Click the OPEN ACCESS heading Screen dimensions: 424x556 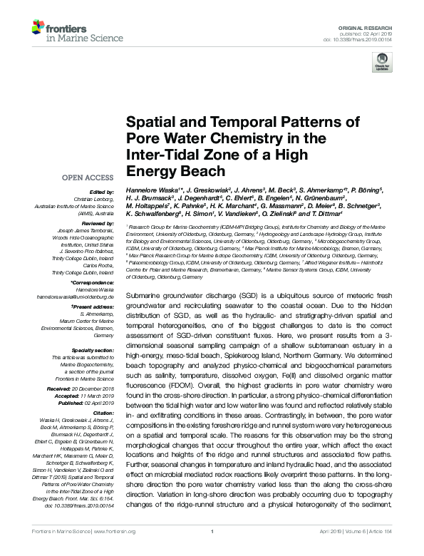click(88, 177)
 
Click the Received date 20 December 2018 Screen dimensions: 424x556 click(90, 388)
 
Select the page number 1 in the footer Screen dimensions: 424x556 click(212, 549)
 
